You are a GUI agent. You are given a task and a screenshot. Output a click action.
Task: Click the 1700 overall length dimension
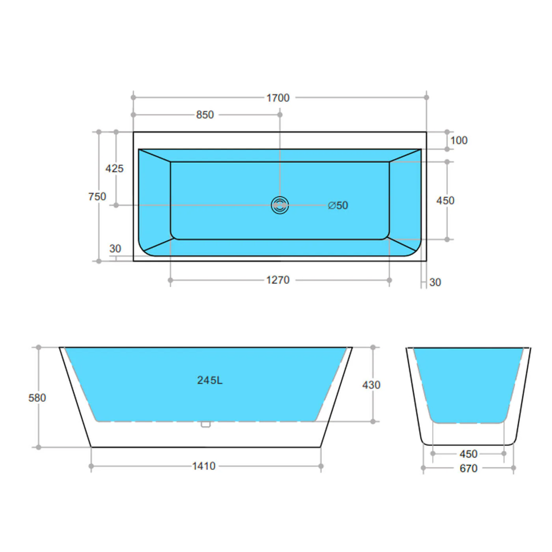(x=278, y=98)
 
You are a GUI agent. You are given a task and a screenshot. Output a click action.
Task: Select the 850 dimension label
(x=205, y=115)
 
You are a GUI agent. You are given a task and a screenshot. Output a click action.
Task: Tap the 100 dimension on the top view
(x=459, y=140)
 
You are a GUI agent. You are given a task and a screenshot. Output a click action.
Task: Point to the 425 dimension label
(x=114, y=168)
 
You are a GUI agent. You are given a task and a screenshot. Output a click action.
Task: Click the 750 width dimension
(x=97, y=196)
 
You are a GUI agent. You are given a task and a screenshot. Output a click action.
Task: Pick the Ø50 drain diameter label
(x=338, y=205)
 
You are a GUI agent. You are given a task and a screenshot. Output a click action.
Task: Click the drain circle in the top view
(x=280, y=205)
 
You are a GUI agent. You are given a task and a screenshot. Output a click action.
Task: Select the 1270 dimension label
(x=278, y=280)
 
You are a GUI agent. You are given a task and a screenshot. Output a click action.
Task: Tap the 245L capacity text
(x=210, y=380)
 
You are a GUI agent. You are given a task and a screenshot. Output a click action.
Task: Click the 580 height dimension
(x=37, y=398)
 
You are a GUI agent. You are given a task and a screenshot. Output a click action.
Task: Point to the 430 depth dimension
(x=371, y=385)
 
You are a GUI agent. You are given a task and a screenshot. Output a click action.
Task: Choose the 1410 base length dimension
(x=203, y=466)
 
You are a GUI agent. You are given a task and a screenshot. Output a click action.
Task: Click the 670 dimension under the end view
(x=468, y=468)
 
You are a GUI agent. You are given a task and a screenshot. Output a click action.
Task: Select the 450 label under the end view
(x=468, y=454)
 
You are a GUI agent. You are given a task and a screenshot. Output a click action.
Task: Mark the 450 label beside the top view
(x=445, y=201)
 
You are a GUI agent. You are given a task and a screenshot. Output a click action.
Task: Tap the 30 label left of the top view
(x=115, y=249)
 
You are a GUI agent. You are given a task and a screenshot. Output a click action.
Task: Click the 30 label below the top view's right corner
(x=435, y=282)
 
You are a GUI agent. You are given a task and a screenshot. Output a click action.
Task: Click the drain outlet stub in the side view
(x=205, y=424)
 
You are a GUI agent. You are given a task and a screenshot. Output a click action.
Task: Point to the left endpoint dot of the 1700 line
(x=133, y=97)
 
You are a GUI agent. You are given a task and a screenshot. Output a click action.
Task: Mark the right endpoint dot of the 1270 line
(x=389, y=280)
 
